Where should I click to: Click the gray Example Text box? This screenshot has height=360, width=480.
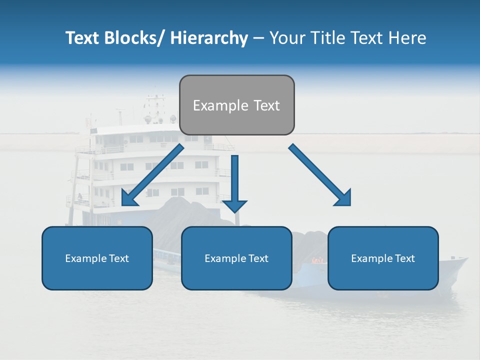coord(236,105)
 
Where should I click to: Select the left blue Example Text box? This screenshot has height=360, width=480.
coord(97,258)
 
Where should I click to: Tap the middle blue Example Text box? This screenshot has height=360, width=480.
coord(236,258)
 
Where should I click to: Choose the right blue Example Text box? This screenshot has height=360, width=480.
coord(383,258)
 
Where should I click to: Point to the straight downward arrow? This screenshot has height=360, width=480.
coord(234,183)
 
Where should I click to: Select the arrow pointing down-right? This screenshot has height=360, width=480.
coord(320,175)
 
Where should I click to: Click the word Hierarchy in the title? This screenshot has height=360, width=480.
coord(209,38)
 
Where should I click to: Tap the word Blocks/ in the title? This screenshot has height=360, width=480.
coord(134,38)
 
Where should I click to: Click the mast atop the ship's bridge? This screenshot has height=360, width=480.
coord(155,100)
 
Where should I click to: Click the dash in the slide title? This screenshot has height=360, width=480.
coord(258,38)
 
